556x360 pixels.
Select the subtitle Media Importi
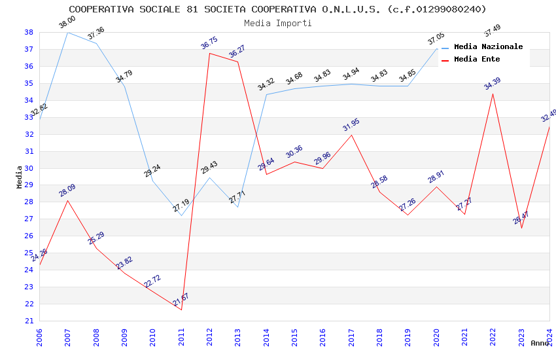277,23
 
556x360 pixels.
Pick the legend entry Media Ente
477,59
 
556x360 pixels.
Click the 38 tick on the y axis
29,32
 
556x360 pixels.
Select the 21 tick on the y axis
29,321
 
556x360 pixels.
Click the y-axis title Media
20,177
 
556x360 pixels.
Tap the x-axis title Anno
540,343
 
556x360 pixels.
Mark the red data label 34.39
492,84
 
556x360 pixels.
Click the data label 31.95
351,125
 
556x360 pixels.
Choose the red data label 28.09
67,190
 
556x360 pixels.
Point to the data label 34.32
266,85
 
